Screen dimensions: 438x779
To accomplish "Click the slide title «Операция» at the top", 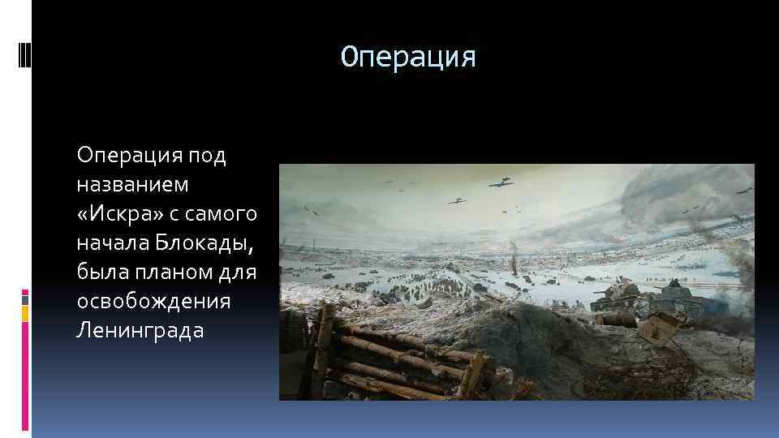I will (x=407, y=57).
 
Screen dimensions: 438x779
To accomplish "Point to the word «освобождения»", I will (x=153, y=301).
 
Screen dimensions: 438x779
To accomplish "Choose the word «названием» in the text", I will (x=132, y=184).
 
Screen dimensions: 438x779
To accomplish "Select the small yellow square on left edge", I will (x=25, y=312).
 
